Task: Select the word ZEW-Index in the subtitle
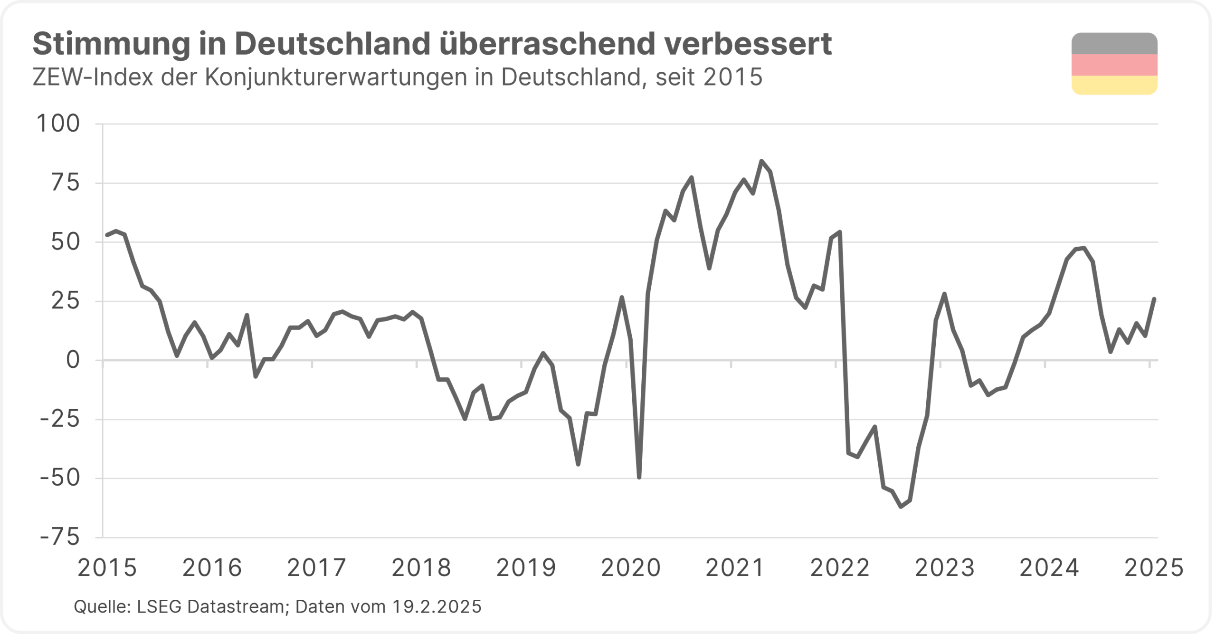click(x=93, y=77)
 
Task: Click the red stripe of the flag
click(x=1114, y=65)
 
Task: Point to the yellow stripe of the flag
click(x=1114, y=85)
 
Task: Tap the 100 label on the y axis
click(x=58, y=124)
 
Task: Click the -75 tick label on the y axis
click(x=60, y=538)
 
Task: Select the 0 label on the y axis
click(x=73, y=360)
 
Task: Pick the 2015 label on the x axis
click(x=107, y=568)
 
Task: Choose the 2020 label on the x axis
click(x=631, y=568)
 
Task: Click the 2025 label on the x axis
click(x=1154, y=568)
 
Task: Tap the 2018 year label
click(x=421, y=568)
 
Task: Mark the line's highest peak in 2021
click(x=761, y=161)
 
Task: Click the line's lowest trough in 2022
click(x=901, y=507)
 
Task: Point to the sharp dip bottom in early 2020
click(x=639, y=477)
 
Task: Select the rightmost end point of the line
click(x=1154, y=299)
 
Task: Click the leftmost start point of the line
click(x=107, y=235)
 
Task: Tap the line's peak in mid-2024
click(x=1083, y=248)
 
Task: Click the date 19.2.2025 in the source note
click(x=437, y=607)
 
